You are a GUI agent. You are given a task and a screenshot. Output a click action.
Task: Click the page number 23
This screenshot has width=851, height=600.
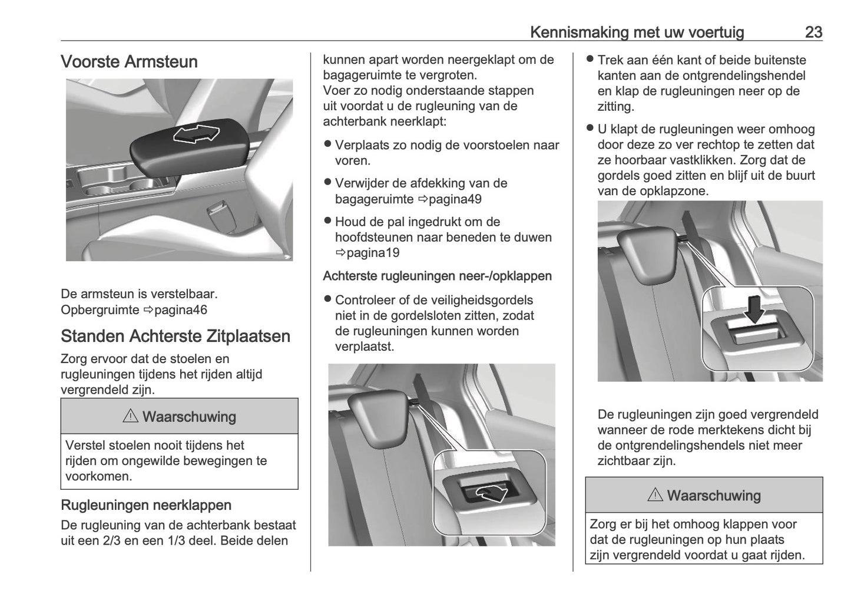(813, 32)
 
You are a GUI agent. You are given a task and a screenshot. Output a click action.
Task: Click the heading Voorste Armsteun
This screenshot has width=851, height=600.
(129, 62)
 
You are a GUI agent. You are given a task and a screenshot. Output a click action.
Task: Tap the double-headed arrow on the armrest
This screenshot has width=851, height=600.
(196, 135)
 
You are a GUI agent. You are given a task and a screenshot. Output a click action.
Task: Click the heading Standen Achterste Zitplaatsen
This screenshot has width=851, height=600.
(175, 337)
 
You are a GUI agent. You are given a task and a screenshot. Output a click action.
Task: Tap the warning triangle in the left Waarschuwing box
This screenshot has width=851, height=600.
(130, 417)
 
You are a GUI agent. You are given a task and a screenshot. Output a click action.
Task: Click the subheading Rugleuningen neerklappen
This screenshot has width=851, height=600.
(145, 505)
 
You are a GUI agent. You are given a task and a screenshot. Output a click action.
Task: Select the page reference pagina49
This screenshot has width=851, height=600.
(450, 199)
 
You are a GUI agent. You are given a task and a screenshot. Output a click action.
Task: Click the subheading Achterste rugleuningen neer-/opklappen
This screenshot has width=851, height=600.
(437, 276)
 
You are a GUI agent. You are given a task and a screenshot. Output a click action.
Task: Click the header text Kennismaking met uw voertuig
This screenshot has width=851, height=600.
(637, 32)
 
